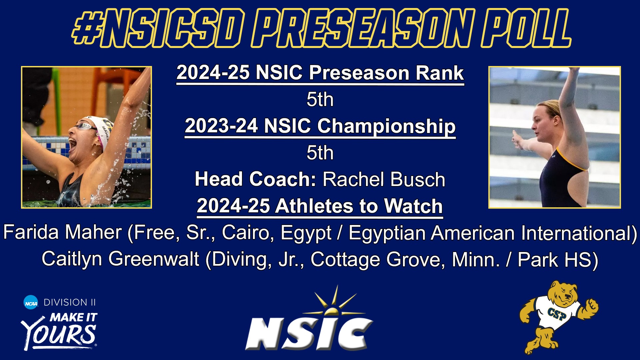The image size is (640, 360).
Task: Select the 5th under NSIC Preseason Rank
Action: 320,99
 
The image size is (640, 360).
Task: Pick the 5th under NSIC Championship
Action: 320,153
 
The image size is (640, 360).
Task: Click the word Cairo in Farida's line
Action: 246,232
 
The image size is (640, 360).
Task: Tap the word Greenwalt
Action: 154,259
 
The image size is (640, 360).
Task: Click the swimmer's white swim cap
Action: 97,128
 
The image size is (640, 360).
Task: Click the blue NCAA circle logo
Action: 31,302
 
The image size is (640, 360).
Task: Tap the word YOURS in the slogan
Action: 59,335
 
